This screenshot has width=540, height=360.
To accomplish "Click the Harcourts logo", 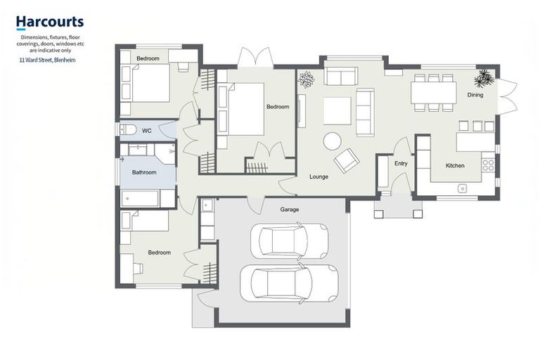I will click(49, 23).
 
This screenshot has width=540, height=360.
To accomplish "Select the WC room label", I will click(147, 131).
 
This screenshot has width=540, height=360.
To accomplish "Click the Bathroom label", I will click(144, 172).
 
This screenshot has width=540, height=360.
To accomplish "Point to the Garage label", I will click(290, 209).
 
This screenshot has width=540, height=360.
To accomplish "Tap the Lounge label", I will click(319, 176).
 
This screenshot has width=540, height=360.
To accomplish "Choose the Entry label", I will click(401, 164).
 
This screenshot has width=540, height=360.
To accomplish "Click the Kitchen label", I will click(455, 166).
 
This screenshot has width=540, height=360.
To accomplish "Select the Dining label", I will click(475, 95).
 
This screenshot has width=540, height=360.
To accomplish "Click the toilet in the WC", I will click(127, 130).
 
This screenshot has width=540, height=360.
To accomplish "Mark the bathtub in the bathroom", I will click(140, 198).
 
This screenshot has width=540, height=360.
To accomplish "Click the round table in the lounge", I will click(332, 141).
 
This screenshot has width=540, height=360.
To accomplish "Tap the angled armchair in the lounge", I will click(347, 161).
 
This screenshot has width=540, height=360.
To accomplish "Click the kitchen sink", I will click(463, 188).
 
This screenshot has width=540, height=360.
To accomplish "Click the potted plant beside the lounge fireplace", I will click(306, 81).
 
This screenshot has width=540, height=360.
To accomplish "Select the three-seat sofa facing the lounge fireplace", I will click(364, 112).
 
